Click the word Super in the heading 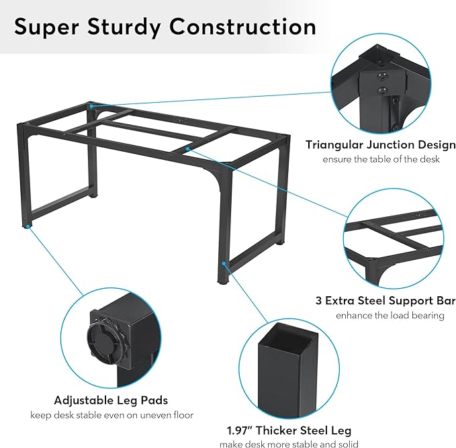click(x=46, y=27)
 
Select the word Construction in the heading click(x=242, y=26)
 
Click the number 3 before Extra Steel click(x=318, y=300)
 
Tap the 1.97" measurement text click(x=240, y=431)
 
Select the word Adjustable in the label click(x=81, y=400)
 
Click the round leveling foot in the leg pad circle click(x=105, y=341)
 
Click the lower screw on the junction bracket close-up click(x=383, y=91)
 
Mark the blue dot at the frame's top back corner click(x=91, y=106)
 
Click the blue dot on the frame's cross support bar click(x=188, y=149)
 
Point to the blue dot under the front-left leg click(x=28, y=226)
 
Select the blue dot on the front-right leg click(x=224, y=263)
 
